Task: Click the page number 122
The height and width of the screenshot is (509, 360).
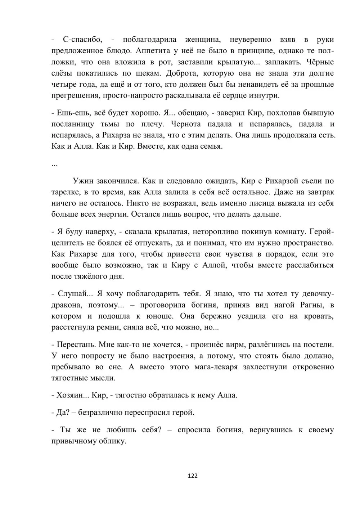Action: [x=193, y=476]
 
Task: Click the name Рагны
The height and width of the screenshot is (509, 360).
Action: [x=312, y=305]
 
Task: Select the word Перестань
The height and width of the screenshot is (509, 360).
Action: [x=76, y=344]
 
